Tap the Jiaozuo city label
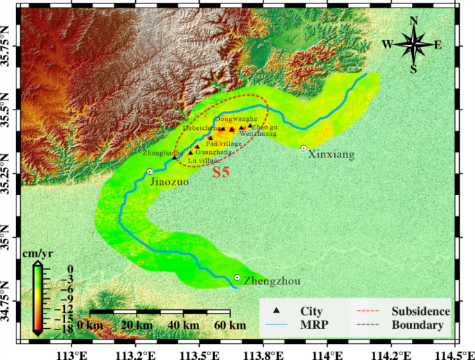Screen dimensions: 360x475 click(x=168, y=182)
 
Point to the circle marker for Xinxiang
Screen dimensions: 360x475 click(x=304, y=148)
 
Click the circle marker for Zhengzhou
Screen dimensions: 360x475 click(x=237, y=277)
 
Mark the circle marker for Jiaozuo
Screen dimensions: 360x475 click(x=149, y=171)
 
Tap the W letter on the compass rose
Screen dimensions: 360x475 click(x=387, y=45)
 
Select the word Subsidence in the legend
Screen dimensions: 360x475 click(x=420, y=311)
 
